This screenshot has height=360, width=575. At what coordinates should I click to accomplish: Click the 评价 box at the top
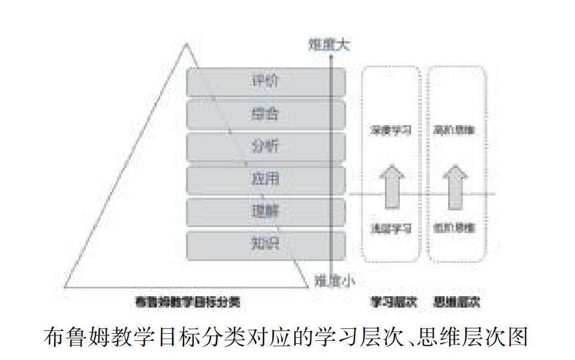266,82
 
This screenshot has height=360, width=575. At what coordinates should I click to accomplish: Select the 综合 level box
266,114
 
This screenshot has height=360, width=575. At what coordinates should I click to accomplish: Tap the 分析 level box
266,147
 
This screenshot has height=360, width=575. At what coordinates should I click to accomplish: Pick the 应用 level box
266,179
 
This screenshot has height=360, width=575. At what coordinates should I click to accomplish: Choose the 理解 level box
266,212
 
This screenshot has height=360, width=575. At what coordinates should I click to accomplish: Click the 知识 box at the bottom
266,244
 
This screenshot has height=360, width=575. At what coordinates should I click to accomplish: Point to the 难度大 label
329,44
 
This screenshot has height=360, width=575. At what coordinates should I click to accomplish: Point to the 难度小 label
334,278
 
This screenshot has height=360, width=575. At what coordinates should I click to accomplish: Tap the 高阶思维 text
456,129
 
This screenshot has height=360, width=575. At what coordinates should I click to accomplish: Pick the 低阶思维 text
456,228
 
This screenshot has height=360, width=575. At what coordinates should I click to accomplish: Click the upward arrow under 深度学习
391,186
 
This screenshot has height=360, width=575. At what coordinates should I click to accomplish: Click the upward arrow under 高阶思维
456,186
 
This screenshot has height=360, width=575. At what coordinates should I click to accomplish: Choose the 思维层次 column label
457,302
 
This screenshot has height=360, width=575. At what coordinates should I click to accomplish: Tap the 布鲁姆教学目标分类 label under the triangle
188,302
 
